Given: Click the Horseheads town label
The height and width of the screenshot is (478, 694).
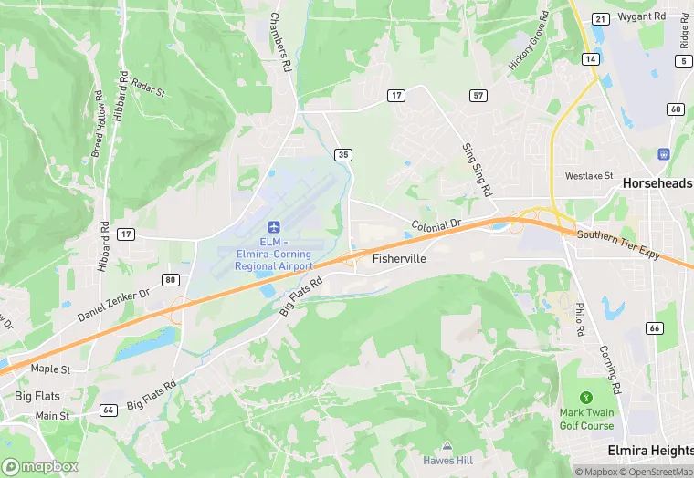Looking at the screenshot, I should pyautogui.click(x=657, y=183).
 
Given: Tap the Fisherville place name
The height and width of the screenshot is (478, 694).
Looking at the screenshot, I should pyautogui.click(x=400, y=259).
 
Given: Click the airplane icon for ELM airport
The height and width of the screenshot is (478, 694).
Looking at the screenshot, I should pyautogui.click(x=272, y=226).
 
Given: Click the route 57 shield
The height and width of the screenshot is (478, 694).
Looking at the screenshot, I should pyautogui.click(x=478, y=95).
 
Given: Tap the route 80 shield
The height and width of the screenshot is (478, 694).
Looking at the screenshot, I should pyautogui.click(x=171, y=278).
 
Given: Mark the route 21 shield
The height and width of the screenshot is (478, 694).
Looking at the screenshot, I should pyautogui.click(x=600, y=18).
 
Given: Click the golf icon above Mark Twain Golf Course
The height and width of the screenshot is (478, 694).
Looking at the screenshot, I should pyautogui.click(x=585, y=398).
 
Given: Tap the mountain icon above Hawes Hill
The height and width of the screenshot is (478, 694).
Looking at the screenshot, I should pyautogui.click(x=447, y=446).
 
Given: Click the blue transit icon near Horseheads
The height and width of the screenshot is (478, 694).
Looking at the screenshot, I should pyautogui.click(x=663, y=153).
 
